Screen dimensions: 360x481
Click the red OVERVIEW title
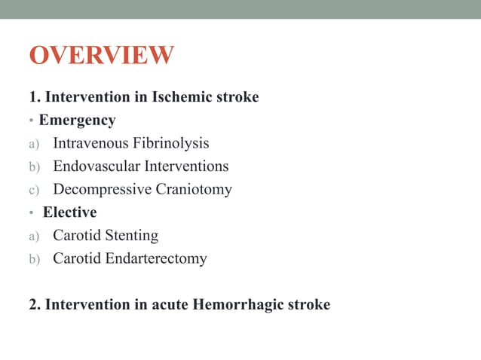coord(101,56)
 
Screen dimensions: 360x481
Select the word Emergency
coord(78,120)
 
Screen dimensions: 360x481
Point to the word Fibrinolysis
coord(170,143)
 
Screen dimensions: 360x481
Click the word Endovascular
coord(91,166)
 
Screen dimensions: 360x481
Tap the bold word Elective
coord(69,212)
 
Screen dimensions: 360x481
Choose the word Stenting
coord(131,236)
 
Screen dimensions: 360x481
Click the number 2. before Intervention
coord(35,305)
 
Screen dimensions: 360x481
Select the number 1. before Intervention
coord(35,97)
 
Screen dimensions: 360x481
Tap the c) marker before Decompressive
coord(34,190)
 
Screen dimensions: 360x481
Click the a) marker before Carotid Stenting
coord(34,236)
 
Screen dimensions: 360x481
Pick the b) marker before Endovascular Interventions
coord(34,167)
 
